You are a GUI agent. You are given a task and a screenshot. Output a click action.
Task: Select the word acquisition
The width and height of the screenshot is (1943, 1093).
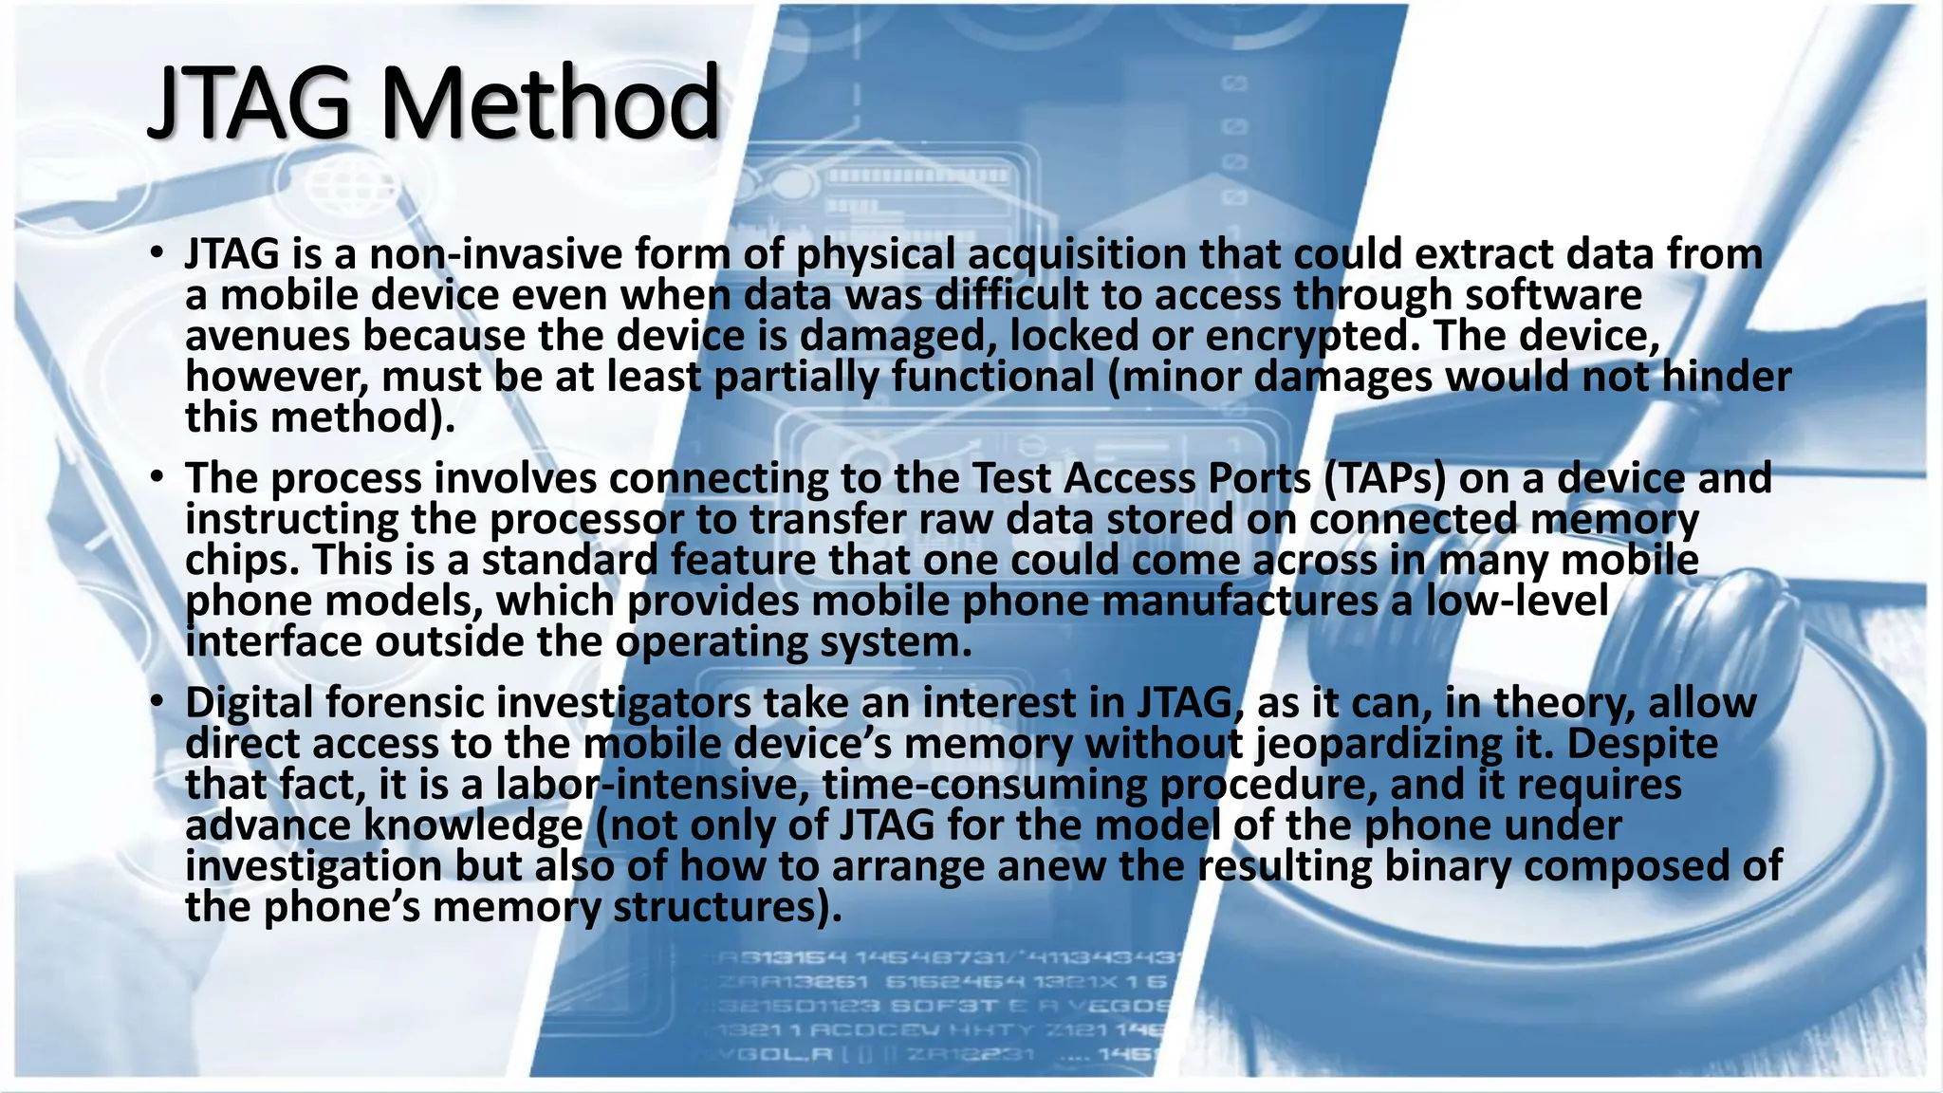click(1078, 254)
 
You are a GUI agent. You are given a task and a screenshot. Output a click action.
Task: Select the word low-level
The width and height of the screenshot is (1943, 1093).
click(1517, 601)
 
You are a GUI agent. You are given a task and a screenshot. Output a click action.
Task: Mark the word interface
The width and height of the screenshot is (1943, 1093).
click(273, 641)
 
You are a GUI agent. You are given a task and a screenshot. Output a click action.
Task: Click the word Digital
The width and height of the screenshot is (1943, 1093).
click(249, 703)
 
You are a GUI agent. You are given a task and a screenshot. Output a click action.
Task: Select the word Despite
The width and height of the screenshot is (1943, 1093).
click(1641, 744)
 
